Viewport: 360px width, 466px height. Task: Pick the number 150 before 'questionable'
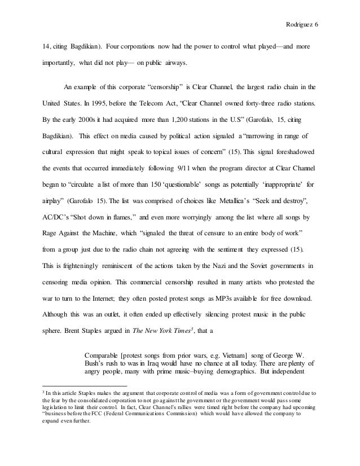click(148, 184)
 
